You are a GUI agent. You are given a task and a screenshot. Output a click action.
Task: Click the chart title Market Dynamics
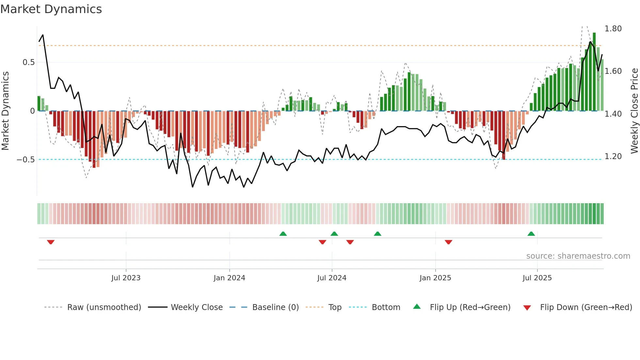point(51,9)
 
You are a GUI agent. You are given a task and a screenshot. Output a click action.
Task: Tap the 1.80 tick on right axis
point(613,29)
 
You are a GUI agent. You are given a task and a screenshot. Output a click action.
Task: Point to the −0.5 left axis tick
point(25,160)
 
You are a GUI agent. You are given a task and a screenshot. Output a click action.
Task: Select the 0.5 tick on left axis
point(28,62)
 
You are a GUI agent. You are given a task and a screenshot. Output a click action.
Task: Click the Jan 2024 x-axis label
point(229,278)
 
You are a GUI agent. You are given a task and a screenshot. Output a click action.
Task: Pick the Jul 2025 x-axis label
point(537,278)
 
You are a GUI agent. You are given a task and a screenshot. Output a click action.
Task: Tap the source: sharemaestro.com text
point(578,256)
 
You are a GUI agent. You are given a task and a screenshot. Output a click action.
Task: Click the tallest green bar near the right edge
point(594,72)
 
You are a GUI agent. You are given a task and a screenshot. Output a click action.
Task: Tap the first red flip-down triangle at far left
point(51,242)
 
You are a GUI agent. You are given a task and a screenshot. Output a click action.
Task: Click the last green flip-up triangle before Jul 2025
point(531,234)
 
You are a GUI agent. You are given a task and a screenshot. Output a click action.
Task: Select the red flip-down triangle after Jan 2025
point(448,242)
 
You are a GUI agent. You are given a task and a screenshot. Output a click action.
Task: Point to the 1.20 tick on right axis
point(613,156)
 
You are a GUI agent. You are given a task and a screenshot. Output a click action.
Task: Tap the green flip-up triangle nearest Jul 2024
point(334,234)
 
